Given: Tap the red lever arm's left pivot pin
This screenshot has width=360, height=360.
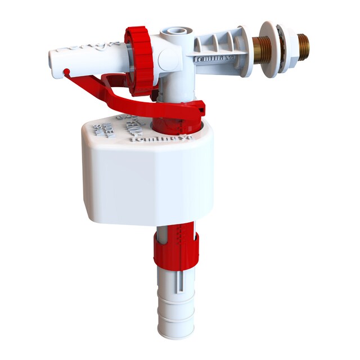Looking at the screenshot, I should click(66, 71).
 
